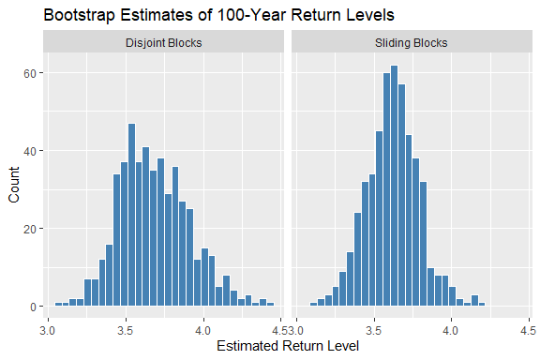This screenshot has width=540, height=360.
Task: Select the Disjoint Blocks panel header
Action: click(163, 42)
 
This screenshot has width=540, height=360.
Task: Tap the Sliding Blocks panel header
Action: click(411, 42)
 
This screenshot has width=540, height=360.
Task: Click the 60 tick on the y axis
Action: click(30, 73)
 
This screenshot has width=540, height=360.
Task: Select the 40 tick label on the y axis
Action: click(30, 151)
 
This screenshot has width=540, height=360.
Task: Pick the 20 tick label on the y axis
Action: click(30, 229)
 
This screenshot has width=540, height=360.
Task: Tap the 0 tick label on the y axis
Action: click(34, 307)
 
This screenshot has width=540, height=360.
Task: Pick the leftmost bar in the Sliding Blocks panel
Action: click(314, 304)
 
